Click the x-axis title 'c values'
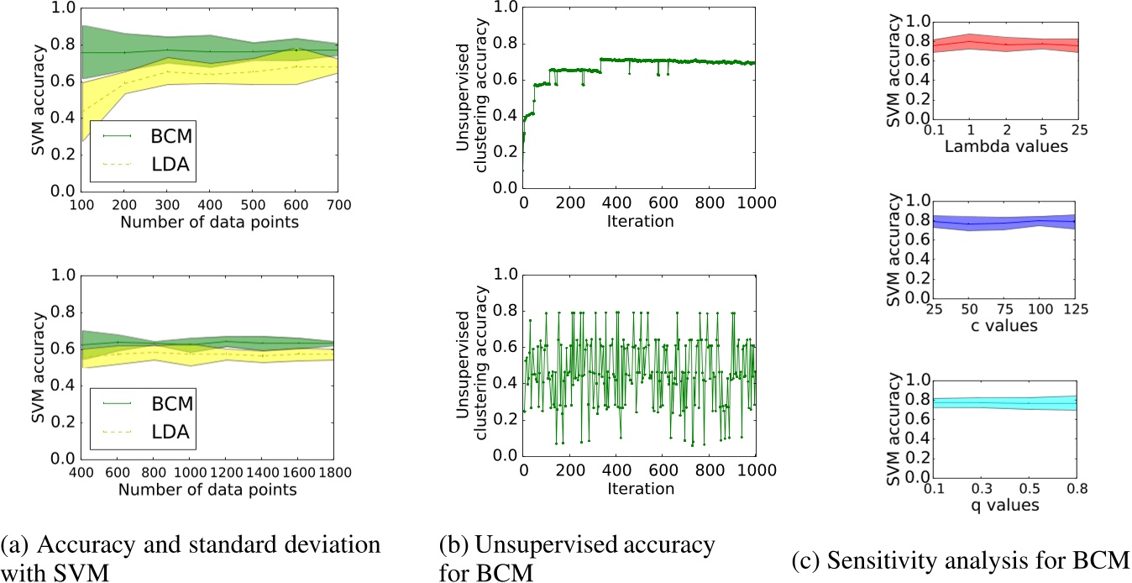1003,326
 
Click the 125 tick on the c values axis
1075,312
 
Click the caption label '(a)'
18,545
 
